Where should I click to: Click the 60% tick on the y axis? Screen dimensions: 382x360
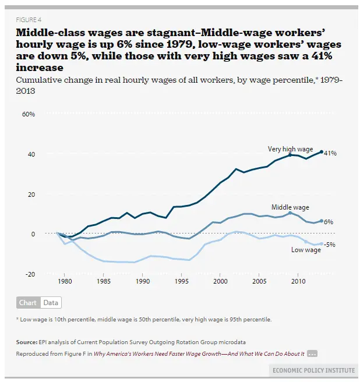28,114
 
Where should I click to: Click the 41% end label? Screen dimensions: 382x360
330,153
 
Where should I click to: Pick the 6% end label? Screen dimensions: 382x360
329,222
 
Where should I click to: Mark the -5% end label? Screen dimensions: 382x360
331,244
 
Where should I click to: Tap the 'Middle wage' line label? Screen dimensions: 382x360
290,207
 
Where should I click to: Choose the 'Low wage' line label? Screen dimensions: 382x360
306,250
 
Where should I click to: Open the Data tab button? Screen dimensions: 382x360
51,303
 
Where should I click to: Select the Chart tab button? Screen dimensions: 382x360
27,303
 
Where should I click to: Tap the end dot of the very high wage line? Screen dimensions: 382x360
321,151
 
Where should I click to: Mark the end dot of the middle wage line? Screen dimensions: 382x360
321,221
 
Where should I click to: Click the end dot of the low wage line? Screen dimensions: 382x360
321,244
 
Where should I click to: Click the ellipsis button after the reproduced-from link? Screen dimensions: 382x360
312,353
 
